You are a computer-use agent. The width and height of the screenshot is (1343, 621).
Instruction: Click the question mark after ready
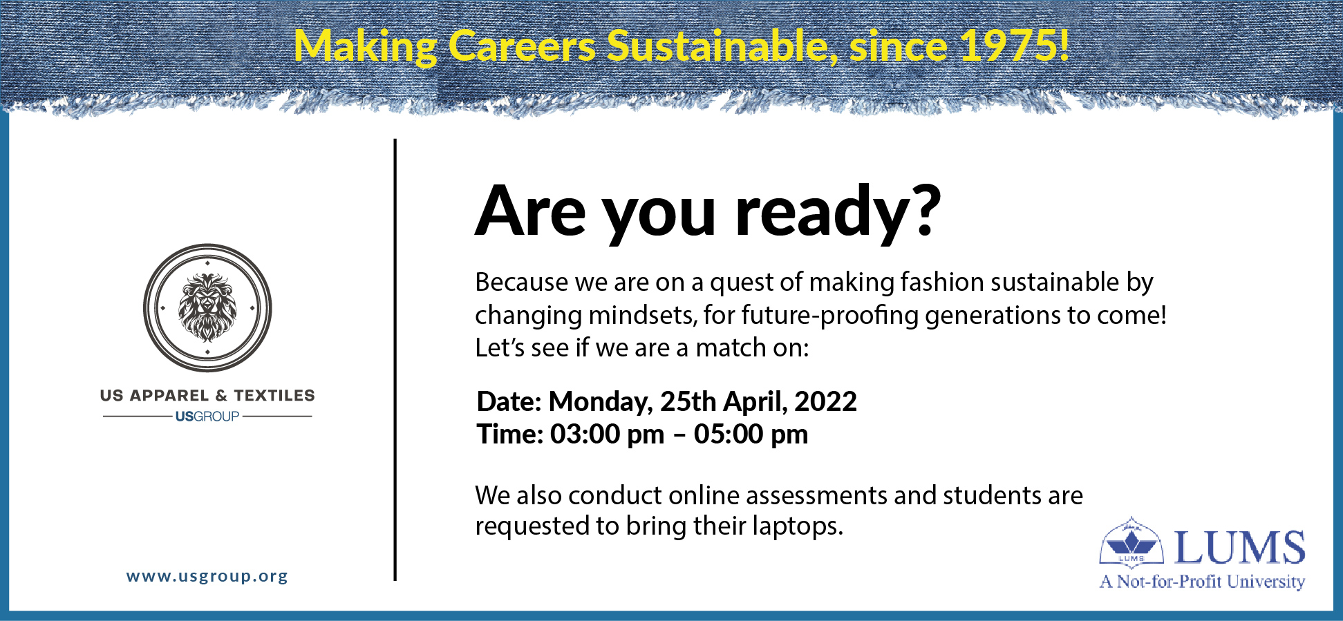(x=923, y=209)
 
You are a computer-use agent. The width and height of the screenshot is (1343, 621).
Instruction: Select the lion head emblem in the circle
(x=207, y=307)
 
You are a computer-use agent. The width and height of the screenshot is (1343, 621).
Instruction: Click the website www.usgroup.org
(x=207, y=576)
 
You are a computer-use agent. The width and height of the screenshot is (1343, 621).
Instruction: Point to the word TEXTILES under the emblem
(x=274, y=396)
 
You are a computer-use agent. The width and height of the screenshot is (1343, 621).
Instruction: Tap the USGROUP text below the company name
(x=207, y=417)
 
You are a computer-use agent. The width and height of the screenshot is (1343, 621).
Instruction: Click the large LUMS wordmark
(x=1239, y=548)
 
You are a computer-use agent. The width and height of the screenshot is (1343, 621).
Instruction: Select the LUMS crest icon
(x=1131, y=542)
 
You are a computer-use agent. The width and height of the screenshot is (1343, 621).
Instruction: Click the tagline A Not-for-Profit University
(x=1202, y=582)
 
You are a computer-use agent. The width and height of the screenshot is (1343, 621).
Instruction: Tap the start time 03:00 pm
(x=607, y=434)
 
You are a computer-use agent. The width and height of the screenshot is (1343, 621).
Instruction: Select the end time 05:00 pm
(x=751, y=434)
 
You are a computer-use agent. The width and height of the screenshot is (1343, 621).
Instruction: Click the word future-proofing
(x=829, y=316)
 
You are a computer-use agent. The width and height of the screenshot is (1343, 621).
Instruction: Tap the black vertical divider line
(x=395, y=359)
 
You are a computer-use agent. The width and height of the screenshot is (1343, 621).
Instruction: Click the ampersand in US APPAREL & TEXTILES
(x=221, y=396)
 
